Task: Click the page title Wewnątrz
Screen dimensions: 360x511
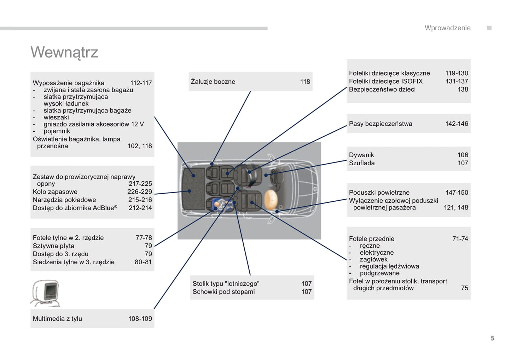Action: tap(64, 52)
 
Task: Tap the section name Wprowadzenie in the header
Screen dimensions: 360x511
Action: tap(447, 28)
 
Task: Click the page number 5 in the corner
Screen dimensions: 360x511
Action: tap(492, 338)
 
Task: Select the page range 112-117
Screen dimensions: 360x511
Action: tap(141, 83)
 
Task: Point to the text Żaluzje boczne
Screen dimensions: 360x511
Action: tap(213, 82)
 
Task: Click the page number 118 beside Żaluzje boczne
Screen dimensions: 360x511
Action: tap(305, 82)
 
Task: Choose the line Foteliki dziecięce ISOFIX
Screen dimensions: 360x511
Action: tap(385, 81)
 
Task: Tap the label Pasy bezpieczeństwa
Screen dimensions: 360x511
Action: tap(381, 124)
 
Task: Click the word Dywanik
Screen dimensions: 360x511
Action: tap(361, 155)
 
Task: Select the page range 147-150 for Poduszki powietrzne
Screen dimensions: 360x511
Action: tap(457, 193)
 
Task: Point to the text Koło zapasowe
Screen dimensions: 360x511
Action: tap(55, 192)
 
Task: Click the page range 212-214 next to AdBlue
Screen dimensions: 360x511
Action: tap(140, 208)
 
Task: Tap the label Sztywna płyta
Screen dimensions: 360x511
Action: tap(53, 246)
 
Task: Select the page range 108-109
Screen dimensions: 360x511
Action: tap(140, 319)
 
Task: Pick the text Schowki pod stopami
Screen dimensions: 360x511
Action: tap(223, 292)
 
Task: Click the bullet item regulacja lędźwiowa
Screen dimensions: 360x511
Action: tap(389, 266)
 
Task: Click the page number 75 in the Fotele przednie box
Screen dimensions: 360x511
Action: tap(464, 288)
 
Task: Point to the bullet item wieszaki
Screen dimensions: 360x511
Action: tap(56, 117)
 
